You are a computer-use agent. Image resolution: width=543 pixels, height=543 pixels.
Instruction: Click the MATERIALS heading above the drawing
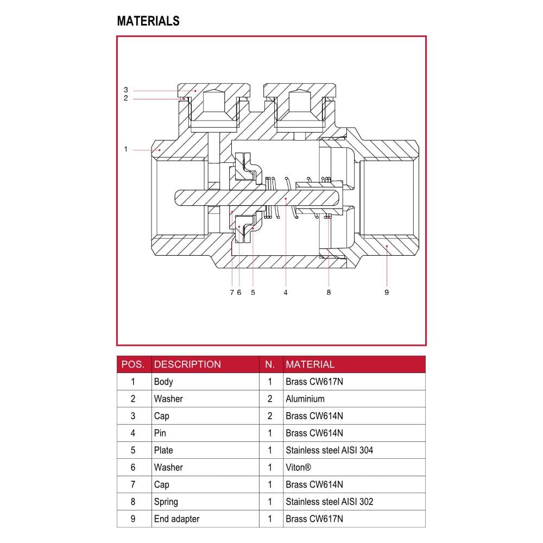tap(148, 21)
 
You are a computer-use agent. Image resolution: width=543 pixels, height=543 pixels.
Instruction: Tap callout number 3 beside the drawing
tap(126, 90)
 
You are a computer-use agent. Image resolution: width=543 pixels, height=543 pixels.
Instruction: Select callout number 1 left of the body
tap(126, 149)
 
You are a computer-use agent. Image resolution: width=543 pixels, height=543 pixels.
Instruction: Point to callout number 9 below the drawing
tap(387, 293)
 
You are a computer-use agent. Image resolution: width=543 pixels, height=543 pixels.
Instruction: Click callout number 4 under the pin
tap(286, 293)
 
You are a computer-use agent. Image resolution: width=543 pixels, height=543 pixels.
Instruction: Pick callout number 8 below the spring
tap(329, 293)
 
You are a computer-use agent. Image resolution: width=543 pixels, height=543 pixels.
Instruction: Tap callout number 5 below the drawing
tap(253, 293)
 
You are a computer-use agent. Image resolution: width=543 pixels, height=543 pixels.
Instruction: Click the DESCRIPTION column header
tap(187, 364)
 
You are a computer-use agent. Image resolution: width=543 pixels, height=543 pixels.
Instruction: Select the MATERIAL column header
tap(310, 364)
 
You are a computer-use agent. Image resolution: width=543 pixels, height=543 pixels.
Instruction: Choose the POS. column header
tap(132, 364)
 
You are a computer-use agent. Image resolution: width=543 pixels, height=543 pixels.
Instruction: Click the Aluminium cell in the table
tap(305, 399)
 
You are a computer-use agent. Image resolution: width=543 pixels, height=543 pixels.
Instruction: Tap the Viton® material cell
tap(298, 468)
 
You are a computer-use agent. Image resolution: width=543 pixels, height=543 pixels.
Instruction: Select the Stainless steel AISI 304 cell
tap(330, 450)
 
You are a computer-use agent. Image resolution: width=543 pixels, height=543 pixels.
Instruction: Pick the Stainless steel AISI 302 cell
tap(330, 502)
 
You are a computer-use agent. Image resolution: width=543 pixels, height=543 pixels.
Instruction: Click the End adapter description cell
tap(176, 519)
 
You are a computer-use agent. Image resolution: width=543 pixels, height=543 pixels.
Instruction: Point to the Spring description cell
tap(166, 502)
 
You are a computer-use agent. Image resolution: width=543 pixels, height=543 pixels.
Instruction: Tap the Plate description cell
tap(163, 450)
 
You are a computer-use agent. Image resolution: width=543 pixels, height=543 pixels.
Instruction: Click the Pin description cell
tap(160, 433)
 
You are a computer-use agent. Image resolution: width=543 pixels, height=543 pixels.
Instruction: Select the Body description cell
tap(163, 382)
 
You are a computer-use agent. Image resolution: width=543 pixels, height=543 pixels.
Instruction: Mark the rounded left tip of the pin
tap(175, 198)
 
